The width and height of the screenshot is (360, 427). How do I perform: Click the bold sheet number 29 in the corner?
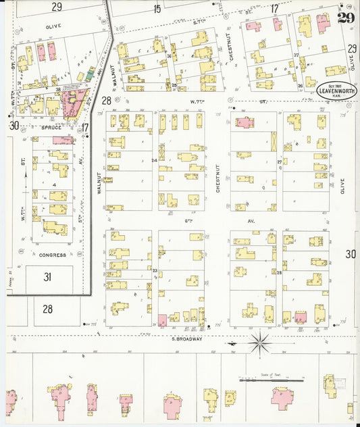pyautogui.click(x=346, y=18)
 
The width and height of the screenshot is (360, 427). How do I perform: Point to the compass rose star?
pyautogui.click(x=260, y=343)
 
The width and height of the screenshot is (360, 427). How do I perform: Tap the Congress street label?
pyautogui.click(x=52, y=255)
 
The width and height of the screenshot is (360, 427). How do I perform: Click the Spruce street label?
pyautogui.click(x=52, y=126)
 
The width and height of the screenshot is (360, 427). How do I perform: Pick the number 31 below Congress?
pyautogui.click(x=48, y=276)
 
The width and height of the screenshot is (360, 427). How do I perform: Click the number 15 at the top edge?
pyautogui.click(x=157, y=8)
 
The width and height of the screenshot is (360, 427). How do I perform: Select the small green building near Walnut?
pyautogui.click(x=87, y=77)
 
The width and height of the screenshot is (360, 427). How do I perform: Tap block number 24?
pyautogui.click(x=155, y=160)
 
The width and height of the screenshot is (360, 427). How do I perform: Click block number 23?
pyautogui.click(x=155, y=271)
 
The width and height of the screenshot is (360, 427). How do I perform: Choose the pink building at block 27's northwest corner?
pyautogui.click(x=244, y=122)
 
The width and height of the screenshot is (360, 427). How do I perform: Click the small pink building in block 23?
pyautogui.click(x=162, y=320)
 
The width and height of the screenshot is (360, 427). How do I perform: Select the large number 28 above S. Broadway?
pyautogui.click(x=48, y=309)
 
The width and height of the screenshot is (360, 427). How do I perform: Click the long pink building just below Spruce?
pyautogui.click(x=63, y=140)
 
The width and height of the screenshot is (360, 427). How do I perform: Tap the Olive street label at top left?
pyautogui.click(x=52, y=26)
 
